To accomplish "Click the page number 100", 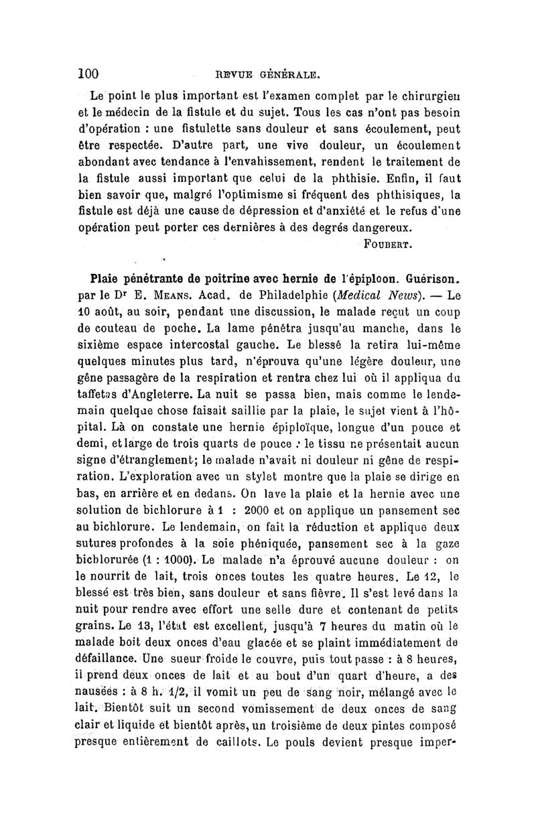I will tap(88, 72).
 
